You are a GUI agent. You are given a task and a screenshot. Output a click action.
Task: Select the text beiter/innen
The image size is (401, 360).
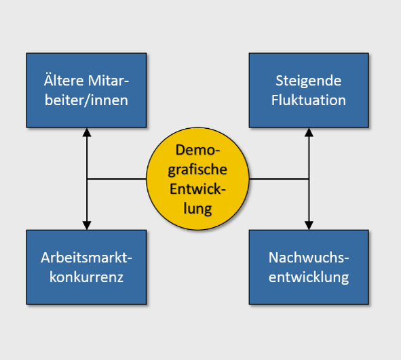[86, 100]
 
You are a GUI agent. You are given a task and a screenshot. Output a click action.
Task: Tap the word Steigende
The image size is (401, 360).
[309, 81]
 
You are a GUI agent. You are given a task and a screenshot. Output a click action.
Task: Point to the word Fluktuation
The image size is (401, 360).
[309, 100]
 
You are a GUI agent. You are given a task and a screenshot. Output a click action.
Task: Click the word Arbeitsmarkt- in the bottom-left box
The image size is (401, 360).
[86, 258]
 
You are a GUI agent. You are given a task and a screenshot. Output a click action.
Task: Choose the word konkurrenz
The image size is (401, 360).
[86, 277]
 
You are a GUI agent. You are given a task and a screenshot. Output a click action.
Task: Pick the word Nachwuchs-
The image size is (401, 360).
[309, 258]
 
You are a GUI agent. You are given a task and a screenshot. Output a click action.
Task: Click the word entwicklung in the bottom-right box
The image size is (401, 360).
[309, 277]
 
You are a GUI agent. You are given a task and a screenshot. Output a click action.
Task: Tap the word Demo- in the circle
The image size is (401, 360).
[197, 150]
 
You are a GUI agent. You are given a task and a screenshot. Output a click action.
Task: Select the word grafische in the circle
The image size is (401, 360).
[197, 170]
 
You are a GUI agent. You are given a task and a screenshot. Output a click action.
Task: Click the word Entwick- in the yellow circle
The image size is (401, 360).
[197, 189]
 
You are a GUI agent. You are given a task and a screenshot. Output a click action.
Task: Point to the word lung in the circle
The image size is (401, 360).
[197, 209]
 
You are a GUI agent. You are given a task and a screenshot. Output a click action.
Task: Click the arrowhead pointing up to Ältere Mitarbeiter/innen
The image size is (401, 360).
[87, 132]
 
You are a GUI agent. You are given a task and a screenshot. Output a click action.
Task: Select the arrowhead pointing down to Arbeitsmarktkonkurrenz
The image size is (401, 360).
[87, 225]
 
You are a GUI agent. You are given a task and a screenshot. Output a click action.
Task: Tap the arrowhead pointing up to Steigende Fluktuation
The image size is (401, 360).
[309, 132]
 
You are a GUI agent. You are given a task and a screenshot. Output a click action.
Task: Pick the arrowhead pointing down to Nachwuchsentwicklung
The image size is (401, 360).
[309, 225]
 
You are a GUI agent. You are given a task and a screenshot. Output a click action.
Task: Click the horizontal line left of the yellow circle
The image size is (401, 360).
[117, 179]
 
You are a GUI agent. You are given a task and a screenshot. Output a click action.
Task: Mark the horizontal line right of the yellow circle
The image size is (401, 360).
[279, 179]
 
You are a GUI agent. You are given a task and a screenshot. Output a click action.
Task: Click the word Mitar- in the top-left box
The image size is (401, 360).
[108, 81]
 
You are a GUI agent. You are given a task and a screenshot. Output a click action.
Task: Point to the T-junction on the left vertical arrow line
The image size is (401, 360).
[87, 179]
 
